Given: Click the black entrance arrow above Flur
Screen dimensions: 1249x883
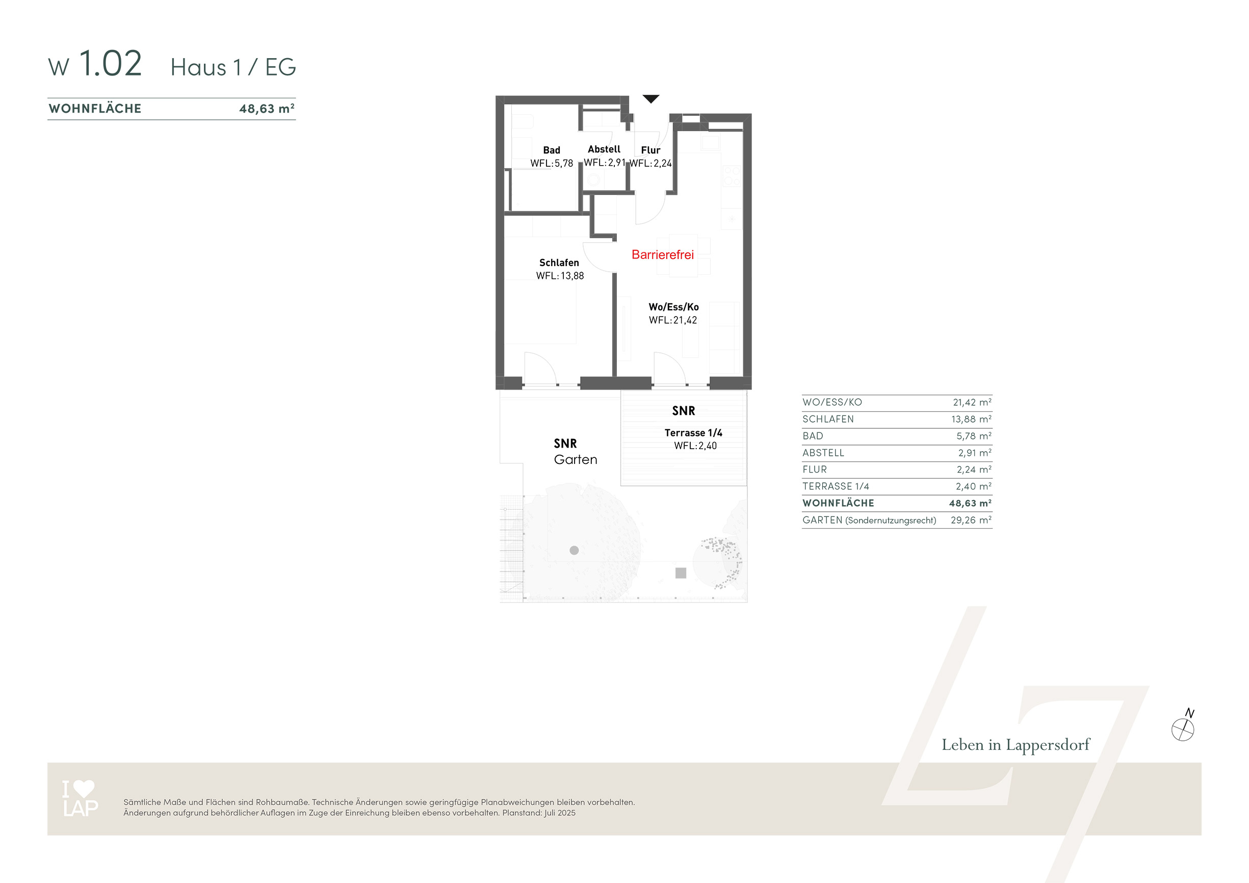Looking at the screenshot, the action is point(650,98).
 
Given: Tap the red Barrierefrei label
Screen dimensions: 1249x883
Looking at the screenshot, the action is point(663,254).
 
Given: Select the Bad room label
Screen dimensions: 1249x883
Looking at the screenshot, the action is point(552,150).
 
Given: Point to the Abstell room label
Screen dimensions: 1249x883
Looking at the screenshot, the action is point(604,149).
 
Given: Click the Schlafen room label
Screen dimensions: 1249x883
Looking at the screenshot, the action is point(559,263).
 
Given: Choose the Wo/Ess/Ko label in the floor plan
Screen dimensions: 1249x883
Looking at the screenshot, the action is point(673,307).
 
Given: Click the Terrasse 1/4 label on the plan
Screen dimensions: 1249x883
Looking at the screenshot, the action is point(694,432).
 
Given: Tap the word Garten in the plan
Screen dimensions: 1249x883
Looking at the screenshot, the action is point(576,460).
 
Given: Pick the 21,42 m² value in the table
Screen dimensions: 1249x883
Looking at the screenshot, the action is point(972,402).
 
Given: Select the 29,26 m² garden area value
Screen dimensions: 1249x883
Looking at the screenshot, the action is point(971,520).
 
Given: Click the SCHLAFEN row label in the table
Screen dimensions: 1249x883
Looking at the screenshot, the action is point(828,419).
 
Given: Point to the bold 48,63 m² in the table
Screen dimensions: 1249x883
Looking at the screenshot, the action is point(971,503).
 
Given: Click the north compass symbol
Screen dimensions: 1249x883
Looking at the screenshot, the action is point(1183,728).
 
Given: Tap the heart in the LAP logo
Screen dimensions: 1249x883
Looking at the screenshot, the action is point(84,788).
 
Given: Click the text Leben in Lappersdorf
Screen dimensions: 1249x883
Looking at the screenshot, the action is point(1016,745).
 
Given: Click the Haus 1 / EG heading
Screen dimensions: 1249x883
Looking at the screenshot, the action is point(233,67).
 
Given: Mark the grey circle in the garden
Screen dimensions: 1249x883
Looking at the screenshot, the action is point(574,551).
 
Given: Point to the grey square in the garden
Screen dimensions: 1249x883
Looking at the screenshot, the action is point(681,573).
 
